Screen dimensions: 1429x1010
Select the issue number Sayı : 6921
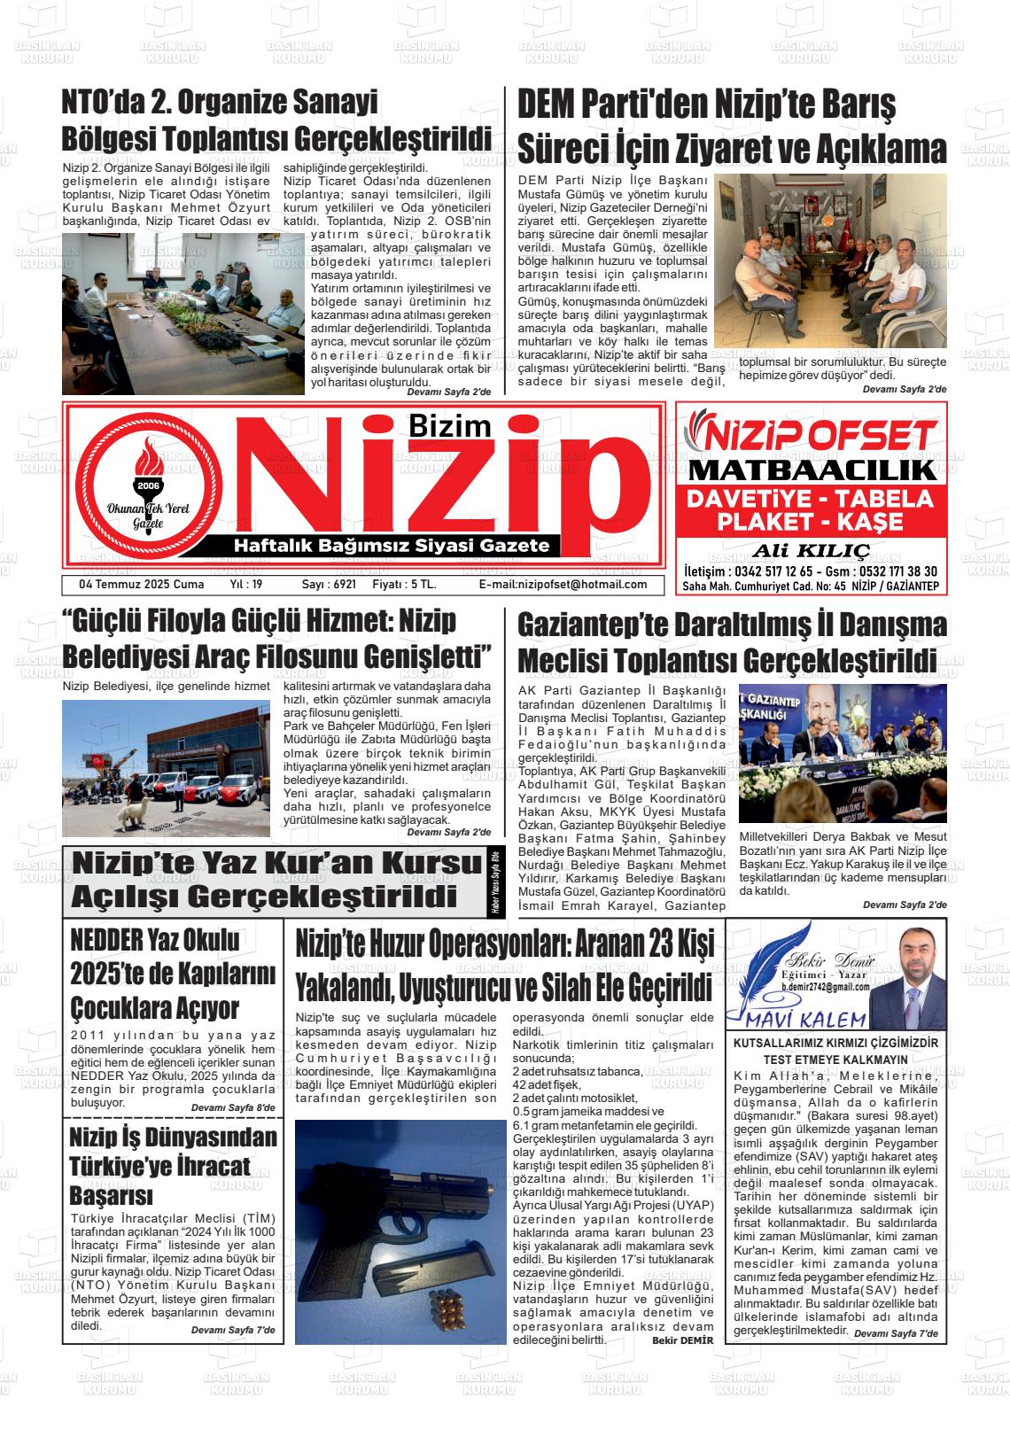click(329, 585)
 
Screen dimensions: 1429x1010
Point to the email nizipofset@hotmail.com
click(563, 585)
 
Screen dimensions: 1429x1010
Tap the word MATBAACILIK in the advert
click(812, 470)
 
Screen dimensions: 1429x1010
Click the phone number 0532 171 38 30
click(888, 572)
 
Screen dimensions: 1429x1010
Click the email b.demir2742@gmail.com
click(825, 986)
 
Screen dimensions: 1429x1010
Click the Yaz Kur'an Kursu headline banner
click(275, 881)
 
